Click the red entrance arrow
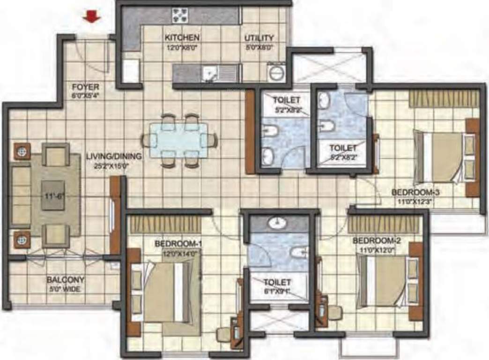(x=92, y=17)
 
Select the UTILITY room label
(x=259, y=38)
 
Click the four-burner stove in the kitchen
(x=179, y=15)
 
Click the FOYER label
(x=85, y=87)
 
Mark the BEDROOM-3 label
(x=415, y=192)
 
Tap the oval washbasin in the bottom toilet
(x=279, y=224)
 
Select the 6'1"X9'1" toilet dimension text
(x=277, y=290)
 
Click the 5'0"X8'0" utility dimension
(x=259, y=47)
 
